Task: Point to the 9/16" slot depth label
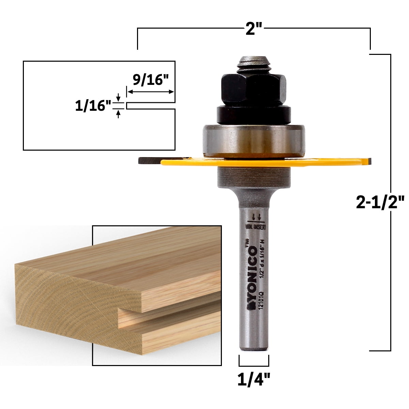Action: point(151,81)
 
